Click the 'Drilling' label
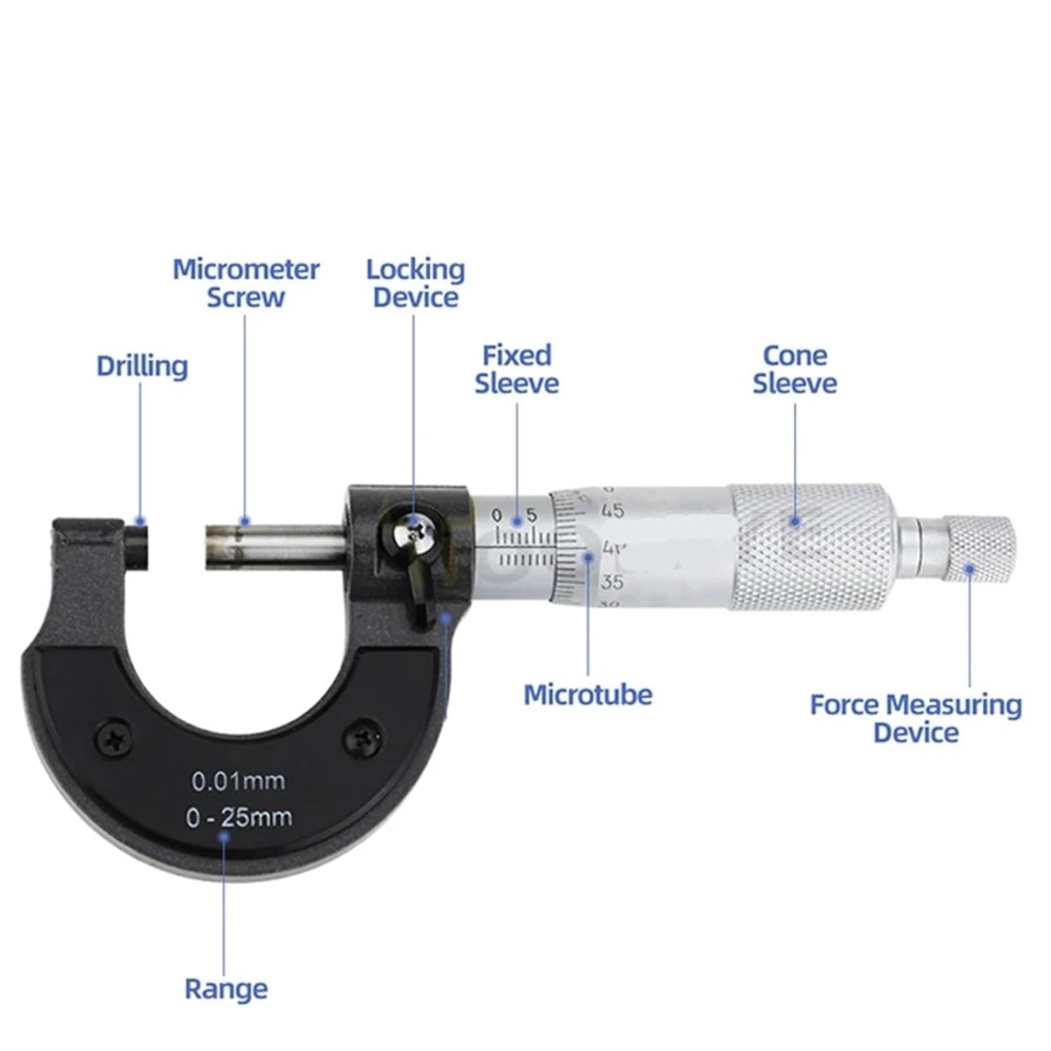coord(142,366)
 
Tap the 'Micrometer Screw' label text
coord(246,283)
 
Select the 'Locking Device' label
coord(415,283)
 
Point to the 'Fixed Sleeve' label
coord(517,369)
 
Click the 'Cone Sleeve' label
coord(795,369)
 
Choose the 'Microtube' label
coord(588,694)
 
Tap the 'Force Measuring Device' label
coord(916,718)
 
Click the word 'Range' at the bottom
coord(226,989)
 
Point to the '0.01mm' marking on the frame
coord(238,781)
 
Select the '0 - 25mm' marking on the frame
coord(239,817)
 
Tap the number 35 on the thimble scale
coord(612,581)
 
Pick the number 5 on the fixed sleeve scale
coord(530,516)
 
